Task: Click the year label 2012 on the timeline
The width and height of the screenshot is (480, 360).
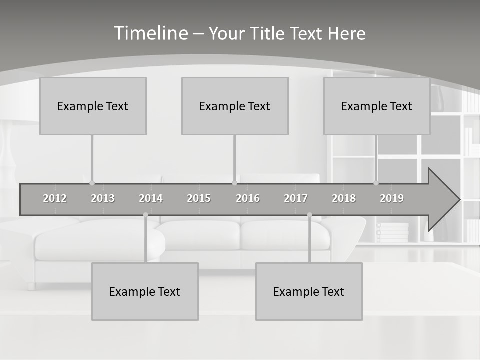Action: point(55,198)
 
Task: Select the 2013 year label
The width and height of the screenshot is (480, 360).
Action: point(103,198)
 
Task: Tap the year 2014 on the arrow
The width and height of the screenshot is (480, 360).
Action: point(151,198)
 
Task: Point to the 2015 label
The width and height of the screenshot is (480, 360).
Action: point(199,198)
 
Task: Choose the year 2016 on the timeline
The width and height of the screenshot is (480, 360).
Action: point(248,198)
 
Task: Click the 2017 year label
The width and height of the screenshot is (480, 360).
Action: point(296,198)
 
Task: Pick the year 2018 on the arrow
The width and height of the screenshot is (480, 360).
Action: point(344,198)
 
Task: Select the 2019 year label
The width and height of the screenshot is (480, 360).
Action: point(392,198)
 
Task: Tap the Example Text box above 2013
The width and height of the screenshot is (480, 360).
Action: point(93,106)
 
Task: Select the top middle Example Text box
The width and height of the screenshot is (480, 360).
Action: point(235,106)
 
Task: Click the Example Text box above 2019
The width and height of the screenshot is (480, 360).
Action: point(377,106)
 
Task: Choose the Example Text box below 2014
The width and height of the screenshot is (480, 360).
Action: point(145,291)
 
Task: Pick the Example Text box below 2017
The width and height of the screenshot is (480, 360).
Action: point(309,291)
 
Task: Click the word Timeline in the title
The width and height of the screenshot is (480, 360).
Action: point(150,33)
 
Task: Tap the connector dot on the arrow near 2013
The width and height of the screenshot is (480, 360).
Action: point(92,183)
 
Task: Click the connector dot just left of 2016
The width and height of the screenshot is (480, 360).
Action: point(235,183)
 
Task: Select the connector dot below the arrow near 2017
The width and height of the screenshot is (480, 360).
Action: point(309,215)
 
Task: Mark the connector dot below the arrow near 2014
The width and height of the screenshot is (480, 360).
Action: point(145,215)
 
